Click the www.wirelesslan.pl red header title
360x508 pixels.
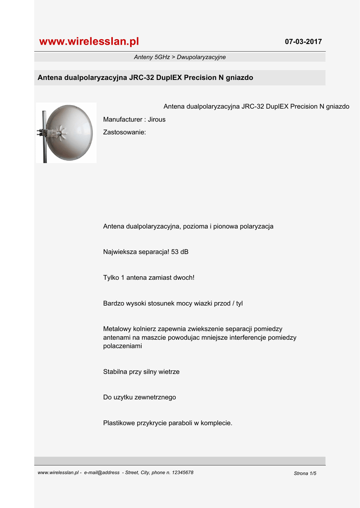coord(89,42)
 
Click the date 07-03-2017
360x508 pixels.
coord(303,42)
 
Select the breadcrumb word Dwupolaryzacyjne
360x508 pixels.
coord(204,58)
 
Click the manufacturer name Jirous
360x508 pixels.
coord(157,120)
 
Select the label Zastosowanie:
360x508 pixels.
coord(124,132)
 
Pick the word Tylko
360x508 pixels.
coord(112,278)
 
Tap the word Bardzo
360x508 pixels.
coord(113,304)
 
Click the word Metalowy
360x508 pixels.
coord(118,329)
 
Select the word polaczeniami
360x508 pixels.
coord(123,346)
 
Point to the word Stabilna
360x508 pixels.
coord(115,372)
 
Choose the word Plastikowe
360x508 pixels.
coord(120,423)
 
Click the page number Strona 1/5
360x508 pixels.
coord(305,474)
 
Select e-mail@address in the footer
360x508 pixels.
coord(102,473)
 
